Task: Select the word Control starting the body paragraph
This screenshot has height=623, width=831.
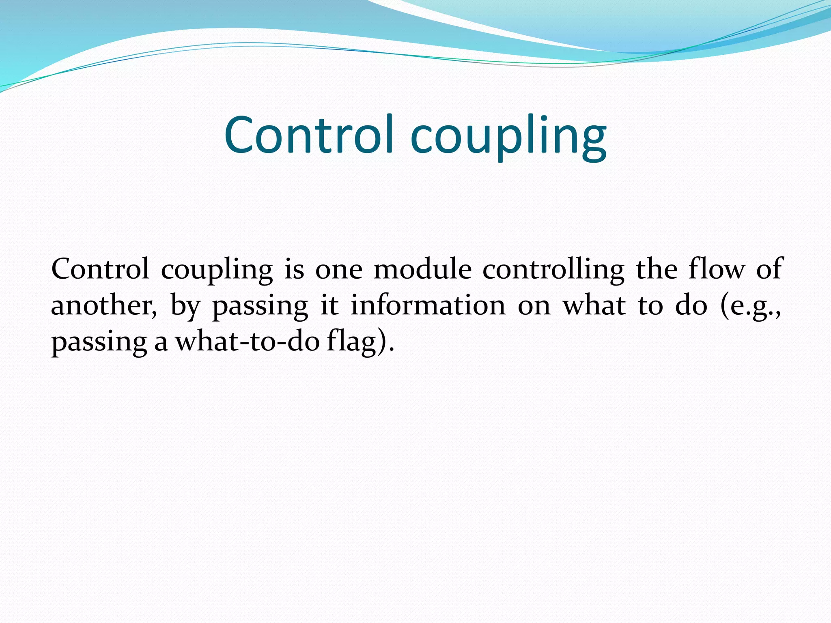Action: coord(100,269)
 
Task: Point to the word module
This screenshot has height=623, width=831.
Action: coord(422,269)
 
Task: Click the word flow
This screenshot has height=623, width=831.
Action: coord(717,269)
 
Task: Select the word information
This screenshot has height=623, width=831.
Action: coord(428,305)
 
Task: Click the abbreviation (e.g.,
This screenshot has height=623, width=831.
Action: coord(750,307)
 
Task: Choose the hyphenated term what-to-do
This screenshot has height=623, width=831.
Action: coord(248,342)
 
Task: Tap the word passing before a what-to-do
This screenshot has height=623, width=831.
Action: coord(99,343)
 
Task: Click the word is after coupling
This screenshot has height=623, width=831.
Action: coord(294,269)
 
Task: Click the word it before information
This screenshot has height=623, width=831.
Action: coord(329,305)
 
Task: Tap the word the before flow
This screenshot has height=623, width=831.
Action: coord(657,269)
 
